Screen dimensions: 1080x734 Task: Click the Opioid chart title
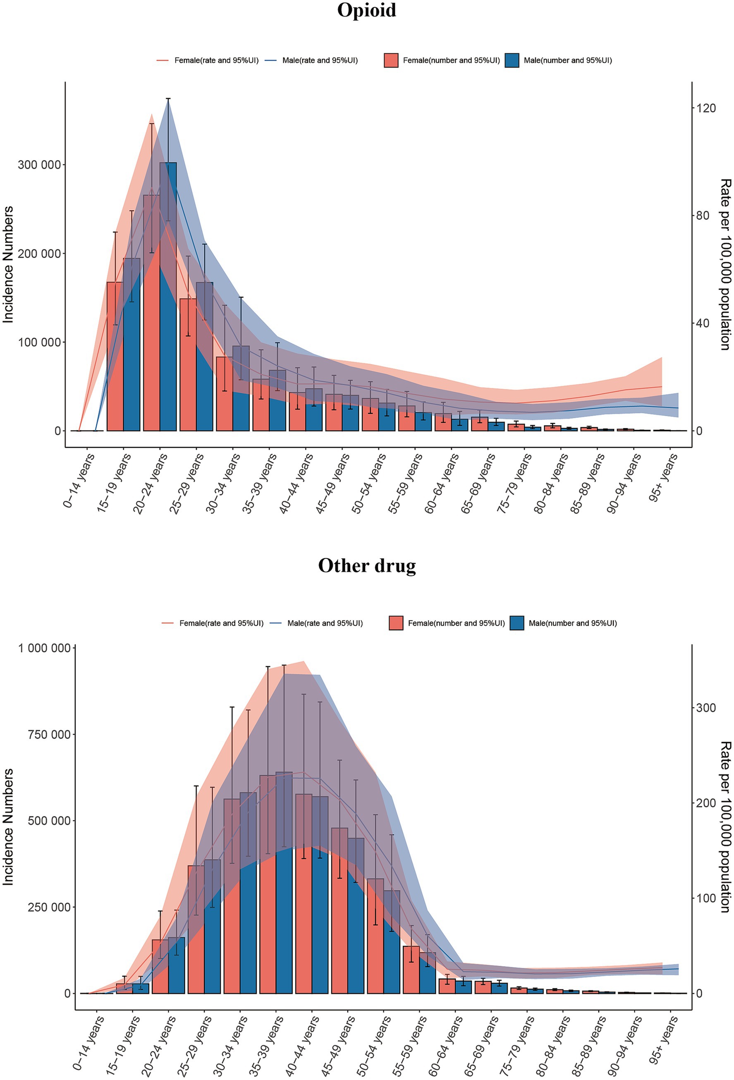[366, 10]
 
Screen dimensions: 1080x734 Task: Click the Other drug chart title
[366, 565]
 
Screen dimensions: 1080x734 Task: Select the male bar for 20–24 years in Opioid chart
[168, 297]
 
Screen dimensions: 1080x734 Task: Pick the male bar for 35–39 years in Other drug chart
[285, 883]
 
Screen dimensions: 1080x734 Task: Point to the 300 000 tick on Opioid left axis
[39, 165]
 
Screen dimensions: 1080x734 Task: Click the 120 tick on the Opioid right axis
[705, 108]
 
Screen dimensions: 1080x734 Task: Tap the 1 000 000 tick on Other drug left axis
[44, 648]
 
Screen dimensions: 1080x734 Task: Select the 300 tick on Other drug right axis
[705, 708]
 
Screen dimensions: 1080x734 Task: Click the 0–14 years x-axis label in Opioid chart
[79, 481]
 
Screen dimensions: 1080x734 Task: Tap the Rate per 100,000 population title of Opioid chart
[725, 265]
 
